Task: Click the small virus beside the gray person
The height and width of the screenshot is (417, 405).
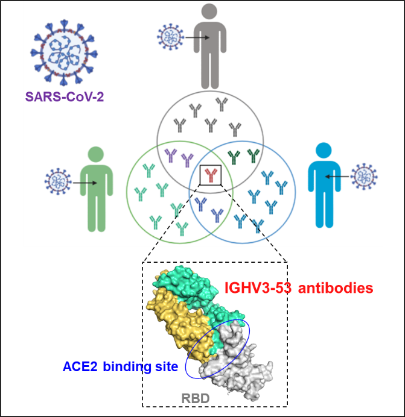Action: click(x=170, y=37)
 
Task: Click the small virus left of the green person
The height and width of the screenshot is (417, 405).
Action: click(x=58, y=181)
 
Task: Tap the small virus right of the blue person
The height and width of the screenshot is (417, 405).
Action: click(x=365, y=177)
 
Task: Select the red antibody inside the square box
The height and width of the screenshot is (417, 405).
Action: click(x=210, y=175)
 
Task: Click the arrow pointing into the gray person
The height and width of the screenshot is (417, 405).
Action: click(x=196, y=37)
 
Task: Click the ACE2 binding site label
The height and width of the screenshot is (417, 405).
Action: click(x=120, y=366)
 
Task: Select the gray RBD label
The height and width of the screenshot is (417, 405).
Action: click(x=196, y=398)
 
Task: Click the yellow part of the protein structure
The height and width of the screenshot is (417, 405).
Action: click(x=175, y=319)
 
